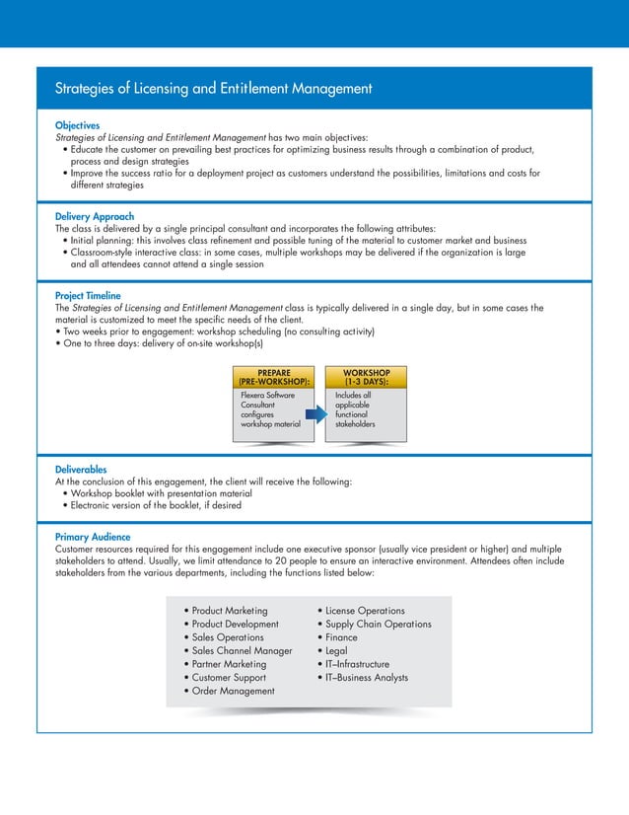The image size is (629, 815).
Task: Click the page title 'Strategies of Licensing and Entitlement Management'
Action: [x=214, y=89]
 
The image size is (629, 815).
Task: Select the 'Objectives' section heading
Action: [x=78, y=126]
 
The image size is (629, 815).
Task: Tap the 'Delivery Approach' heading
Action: [x=95, y=216]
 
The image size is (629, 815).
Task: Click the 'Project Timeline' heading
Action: [x=89, y=295]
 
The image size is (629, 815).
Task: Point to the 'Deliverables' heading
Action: [x=82, y=470]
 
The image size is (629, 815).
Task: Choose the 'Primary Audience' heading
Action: [x=94, y=537]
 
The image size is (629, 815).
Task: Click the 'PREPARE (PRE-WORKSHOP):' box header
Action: [x=273, y=377]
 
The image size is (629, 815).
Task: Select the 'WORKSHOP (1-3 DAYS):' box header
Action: [x=366, y=377]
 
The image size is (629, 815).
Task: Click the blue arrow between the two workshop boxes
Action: [x=314, y=415]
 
